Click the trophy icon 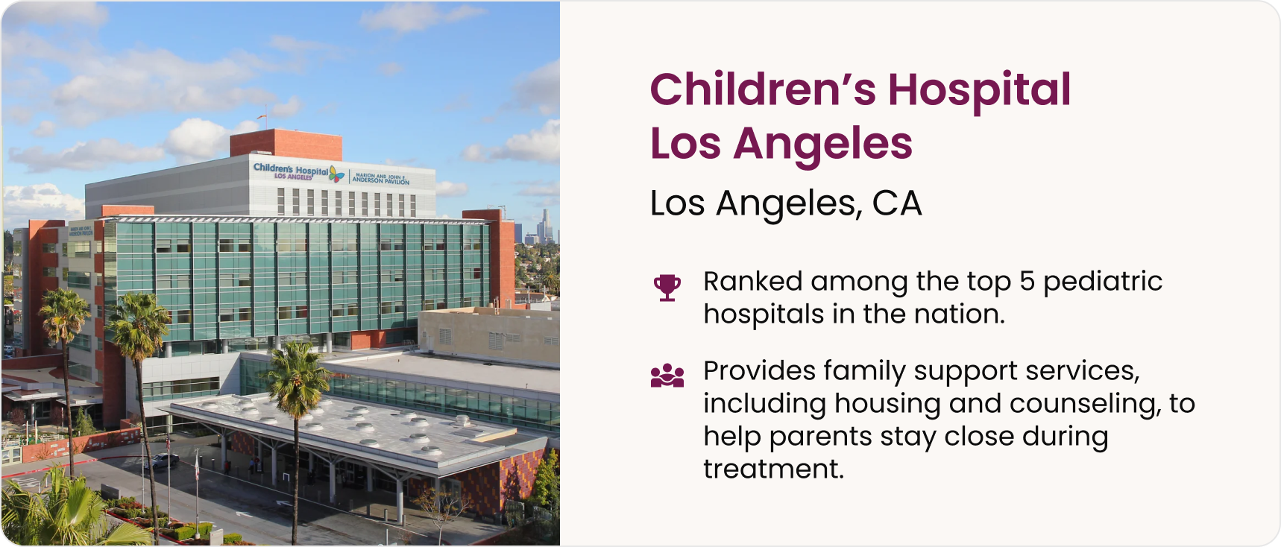point(667,288)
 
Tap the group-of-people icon point(667,376)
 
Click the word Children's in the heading point(763,89)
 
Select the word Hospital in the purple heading point(980,91)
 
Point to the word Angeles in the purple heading point(823,145)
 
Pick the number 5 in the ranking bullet point(1027,281)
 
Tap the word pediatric point(1103,282)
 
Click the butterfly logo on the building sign point(337,174)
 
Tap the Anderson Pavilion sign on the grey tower point(380,179)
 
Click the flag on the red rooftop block point(261,116)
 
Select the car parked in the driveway point(163,461)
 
